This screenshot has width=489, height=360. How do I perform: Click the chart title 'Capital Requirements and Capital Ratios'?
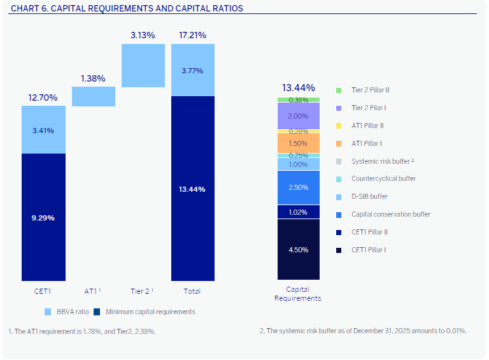click(x=127, y=8)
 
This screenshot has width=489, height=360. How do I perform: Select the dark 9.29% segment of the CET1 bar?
click(x=43, y=217)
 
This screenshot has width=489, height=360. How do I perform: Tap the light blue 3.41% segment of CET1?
click(x=43, y=130)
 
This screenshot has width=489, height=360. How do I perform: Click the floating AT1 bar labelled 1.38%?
click(x=93, y=96)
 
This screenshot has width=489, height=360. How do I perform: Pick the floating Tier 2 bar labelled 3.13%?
click(x=143, y=65)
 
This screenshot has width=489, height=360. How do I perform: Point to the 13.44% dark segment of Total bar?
click(x=192, y=189)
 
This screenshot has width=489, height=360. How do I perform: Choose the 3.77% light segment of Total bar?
click(x=192, y=70)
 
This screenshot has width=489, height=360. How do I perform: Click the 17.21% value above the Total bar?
click(x=192, y=36)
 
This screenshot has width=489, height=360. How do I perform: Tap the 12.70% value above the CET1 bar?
click(x=43, y=97)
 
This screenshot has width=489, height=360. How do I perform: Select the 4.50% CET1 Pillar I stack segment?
click(x=298, y=249)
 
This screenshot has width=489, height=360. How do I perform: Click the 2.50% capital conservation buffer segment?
click(x=298, y=187)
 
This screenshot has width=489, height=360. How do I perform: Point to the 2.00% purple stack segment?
click(x=298, y=116)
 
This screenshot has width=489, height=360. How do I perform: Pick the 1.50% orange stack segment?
click(x=298, y=143)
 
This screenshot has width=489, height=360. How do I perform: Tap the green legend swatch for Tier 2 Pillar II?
click(x=339, y=90)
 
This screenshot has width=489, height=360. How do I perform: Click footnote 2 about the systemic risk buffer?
click(x=363, y=331)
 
